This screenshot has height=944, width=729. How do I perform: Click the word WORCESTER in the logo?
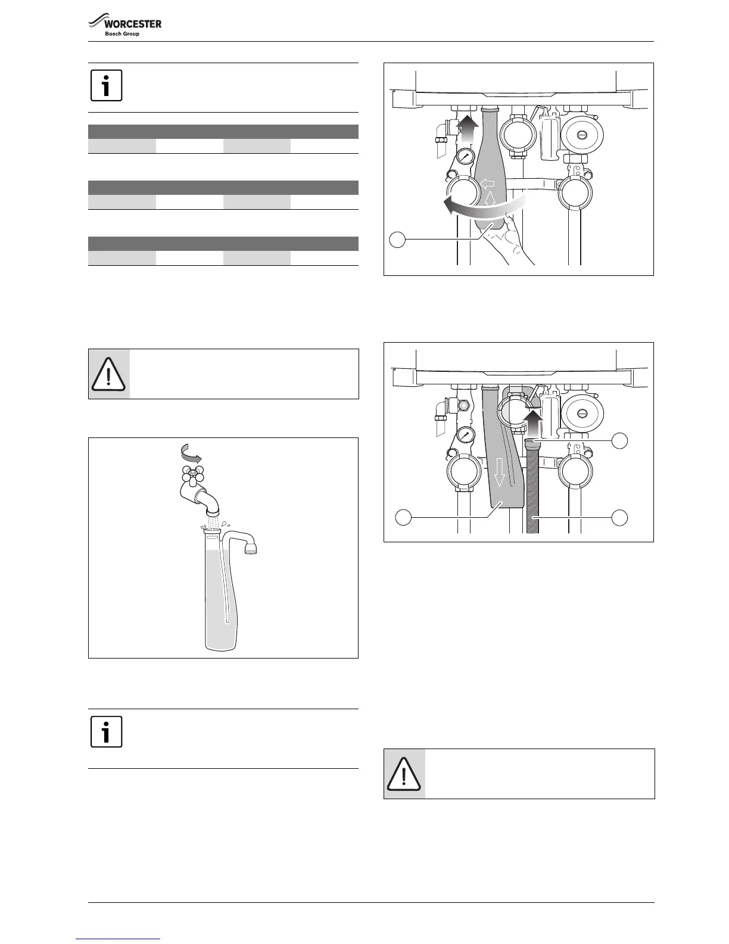click(133, 24)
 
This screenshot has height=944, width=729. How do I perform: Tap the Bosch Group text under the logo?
click(122, 34)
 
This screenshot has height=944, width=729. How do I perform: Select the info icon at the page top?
click(107, 85)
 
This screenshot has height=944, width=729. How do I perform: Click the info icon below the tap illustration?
click(107, 731)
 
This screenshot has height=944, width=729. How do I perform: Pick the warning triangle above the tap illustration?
click(108, 374)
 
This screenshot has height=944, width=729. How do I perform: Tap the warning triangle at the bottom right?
click(404, 774)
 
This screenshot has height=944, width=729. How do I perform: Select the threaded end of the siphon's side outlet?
click(250, 547)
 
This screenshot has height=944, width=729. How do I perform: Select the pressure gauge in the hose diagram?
click(465, 436)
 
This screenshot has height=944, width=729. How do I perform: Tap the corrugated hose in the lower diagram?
click(532, 489)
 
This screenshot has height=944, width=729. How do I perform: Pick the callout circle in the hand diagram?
click(397, 240)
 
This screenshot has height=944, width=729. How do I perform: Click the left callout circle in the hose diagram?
click(403, 517)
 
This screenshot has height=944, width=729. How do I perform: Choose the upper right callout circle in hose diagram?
click(620, 441)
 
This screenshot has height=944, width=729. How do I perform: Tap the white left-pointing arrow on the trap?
click(487, 182)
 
